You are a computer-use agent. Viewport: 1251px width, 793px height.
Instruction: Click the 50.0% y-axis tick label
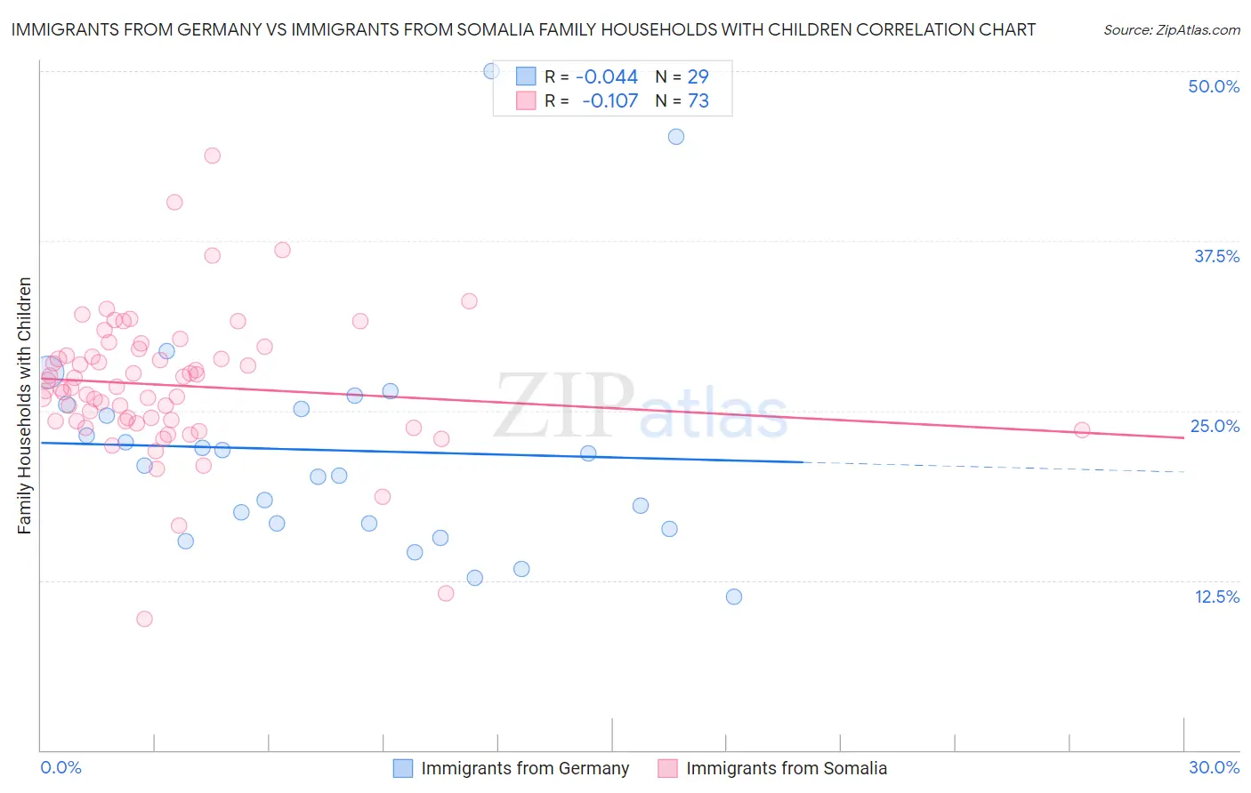click(x=1213, y=86)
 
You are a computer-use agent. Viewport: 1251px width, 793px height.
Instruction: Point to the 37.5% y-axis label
click(x=1215, y=256)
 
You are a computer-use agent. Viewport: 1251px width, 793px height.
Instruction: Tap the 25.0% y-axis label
click(x=1215, y=426)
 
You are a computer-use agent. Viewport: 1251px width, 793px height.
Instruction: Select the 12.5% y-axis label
click(x=1216, y=597)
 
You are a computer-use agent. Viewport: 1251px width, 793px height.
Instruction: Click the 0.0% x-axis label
click(x=61, y=767)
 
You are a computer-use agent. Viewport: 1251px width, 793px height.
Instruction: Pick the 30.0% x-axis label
click(x=1214, y=767)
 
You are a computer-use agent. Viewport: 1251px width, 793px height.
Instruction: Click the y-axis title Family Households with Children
click(x=24, y=405)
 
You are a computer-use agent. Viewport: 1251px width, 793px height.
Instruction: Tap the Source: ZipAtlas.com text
click(x=1171, y=30)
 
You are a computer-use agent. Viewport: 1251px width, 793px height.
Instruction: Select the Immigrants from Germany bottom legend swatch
click(x=403, y=768)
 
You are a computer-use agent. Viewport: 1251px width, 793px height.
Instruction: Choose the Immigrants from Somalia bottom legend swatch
click(x=667, y=768)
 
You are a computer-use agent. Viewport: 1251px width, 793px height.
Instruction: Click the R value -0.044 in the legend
click(x=607, y=77)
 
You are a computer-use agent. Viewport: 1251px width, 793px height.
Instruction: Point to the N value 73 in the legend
click(x=698, y=101)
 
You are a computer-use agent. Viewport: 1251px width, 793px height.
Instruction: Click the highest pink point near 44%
click(x=212, y=156)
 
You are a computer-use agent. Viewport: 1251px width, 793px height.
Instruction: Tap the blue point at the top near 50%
click(x=491, y=71)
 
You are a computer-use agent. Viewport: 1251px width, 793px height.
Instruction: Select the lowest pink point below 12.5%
click(x=144, y=619)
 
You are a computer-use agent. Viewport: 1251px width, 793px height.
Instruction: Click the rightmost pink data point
click(x=1082, y=430)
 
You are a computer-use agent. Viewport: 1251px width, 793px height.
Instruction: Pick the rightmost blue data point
click(x=734, y=597)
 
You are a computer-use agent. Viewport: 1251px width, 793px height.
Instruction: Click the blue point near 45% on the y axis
click(x=676, y=137)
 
